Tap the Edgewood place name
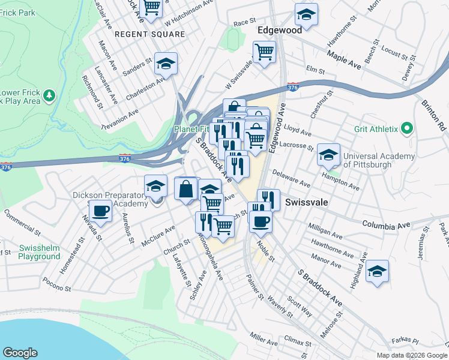[x=279, y=29]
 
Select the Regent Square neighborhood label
[x=150, y=34]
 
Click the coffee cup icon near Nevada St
[x=100, y=211]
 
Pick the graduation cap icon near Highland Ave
[x=377, y=271]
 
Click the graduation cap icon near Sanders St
[x=166, y=63]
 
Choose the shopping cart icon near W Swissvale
[x=264, y=52]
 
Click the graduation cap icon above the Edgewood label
[x=306, y=15]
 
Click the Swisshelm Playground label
[x=39, y=252]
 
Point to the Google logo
[x=20, y=353]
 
